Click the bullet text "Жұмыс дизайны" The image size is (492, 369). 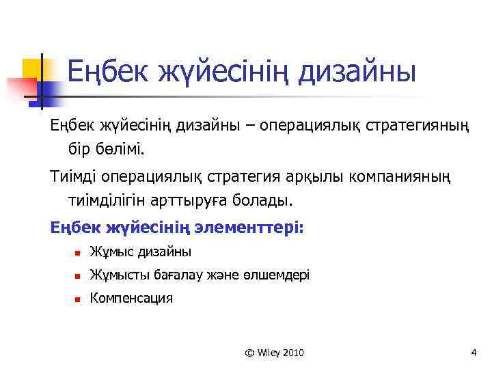click(141, 252)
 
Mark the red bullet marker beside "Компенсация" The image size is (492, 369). click(79, 299)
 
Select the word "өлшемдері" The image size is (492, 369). click(280, 275)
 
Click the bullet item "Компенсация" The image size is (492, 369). click(132, 298)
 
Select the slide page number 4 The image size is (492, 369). click(473, 353)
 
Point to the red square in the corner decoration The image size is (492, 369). click(20, 88)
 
